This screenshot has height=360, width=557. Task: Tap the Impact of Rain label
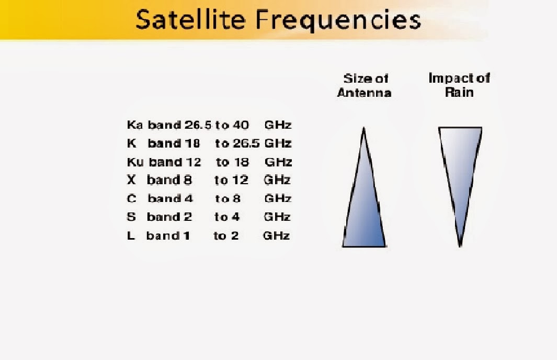[459, 85]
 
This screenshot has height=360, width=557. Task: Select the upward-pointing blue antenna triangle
[365, 204]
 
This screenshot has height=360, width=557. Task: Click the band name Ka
[134, 125]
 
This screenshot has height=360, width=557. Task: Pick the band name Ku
[135, 162]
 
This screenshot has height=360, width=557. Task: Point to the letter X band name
[131, 180]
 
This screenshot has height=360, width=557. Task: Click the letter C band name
[131, 198]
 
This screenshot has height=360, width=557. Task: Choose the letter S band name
[131, 217]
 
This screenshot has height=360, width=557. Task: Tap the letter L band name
[130, 235]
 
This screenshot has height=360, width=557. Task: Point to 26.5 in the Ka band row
[198, 125]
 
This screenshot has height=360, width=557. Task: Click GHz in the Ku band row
[278, 162]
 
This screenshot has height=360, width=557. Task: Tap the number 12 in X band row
[240, 180]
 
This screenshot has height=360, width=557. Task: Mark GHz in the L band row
[276, 235]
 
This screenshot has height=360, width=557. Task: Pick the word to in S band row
[221, 217]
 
